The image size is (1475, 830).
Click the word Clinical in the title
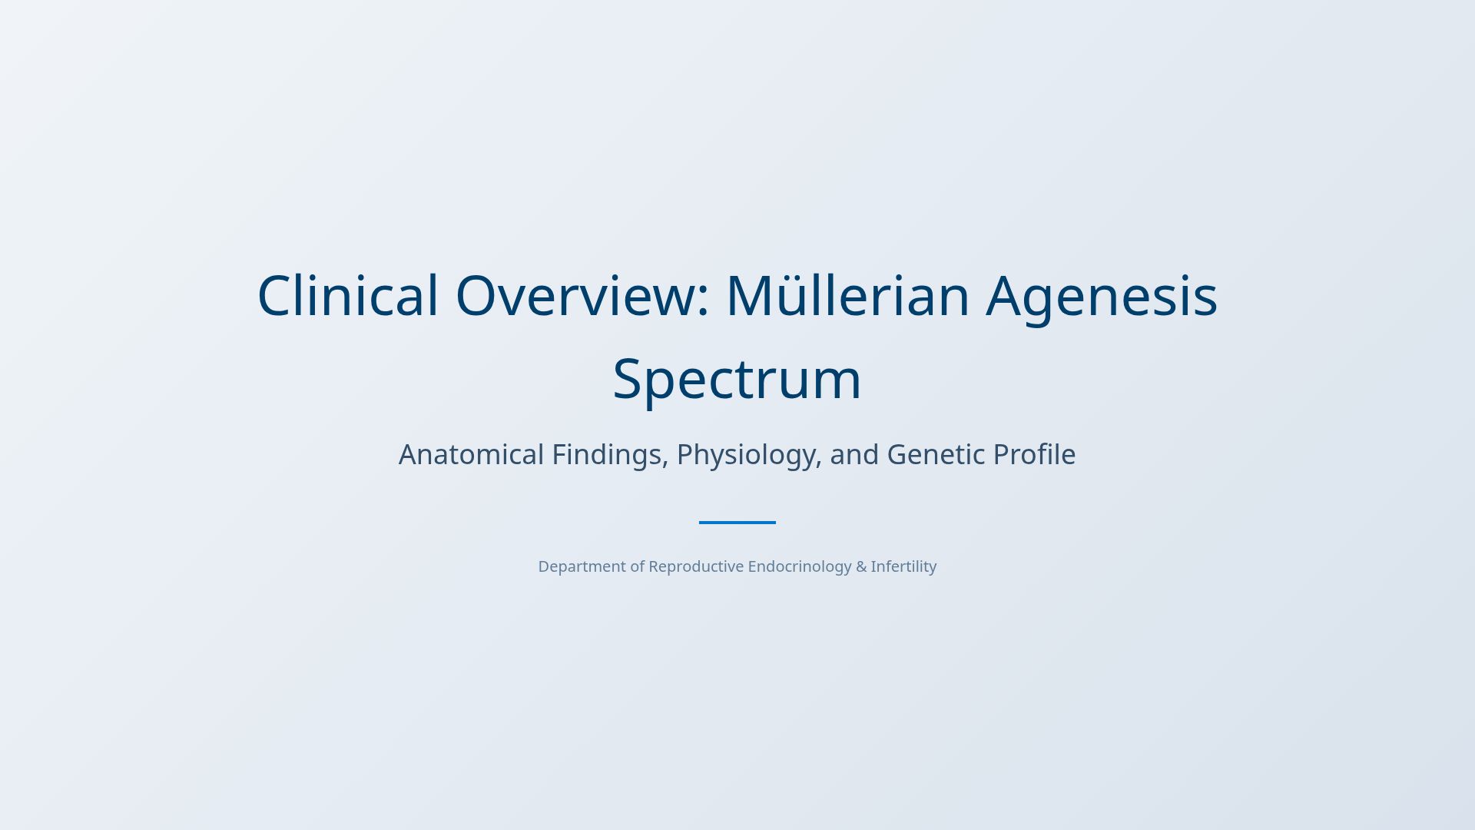(x=347, y=296)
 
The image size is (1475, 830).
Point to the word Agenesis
(x=1102, y=296)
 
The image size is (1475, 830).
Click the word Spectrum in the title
(x=737, y=379)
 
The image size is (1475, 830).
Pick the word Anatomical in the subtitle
(x=471, y=454)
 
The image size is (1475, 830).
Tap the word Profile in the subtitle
(x=1034, y=454)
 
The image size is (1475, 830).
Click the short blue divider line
(x=737, y=523)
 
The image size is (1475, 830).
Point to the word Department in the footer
(x=582, y=566)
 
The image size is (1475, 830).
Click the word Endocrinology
(x=799, y=566)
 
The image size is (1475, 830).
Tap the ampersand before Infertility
(x=861, y=566)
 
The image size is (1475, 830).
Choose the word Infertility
(x=903, y=566)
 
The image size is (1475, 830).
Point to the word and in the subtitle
(x=854, y=454)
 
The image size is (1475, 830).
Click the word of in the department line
(x=638, y=566)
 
